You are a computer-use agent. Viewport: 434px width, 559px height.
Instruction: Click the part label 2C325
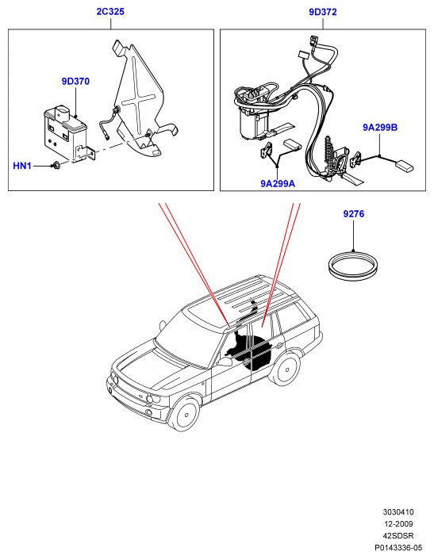110,11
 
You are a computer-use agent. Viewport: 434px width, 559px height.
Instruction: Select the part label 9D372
323,12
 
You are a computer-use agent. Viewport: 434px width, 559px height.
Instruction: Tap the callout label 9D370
75,82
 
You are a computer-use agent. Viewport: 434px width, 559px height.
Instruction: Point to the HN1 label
22,166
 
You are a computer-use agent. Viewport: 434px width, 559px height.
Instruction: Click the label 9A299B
380,128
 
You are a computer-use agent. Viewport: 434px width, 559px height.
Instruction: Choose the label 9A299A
278,184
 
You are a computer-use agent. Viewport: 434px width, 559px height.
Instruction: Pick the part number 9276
354,214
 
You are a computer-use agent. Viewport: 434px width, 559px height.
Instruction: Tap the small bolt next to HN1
56,165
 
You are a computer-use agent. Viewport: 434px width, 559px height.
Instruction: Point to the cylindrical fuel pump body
253,123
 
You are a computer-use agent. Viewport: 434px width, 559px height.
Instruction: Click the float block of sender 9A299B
405,166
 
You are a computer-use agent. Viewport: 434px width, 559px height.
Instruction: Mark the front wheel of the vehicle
185,415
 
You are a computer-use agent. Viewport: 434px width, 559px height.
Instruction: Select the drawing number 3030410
398,512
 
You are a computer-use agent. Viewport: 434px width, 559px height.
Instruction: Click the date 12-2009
398,524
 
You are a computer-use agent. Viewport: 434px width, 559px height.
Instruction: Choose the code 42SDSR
398,536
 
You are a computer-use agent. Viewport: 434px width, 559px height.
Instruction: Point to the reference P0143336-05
398,548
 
